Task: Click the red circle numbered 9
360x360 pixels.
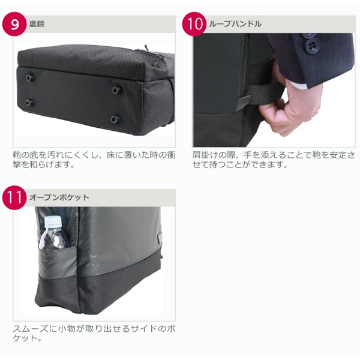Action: [14, 24]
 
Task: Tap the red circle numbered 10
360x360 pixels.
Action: [194, 24]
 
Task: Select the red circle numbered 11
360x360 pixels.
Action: [14, 197]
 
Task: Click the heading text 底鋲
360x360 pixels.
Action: [37, 24]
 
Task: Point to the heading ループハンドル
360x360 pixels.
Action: [235, 24]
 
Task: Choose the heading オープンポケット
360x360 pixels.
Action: [59, 197]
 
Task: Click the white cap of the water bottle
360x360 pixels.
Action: [53, 221]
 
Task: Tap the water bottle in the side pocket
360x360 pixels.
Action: [54, 233]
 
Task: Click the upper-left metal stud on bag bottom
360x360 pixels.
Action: [30, 78]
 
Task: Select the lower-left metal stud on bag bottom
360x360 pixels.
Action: [29, 103]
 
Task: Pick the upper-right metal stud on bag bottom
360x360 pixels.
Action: [116, 90]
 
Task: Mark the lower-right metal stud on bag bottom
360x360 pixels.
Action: [115, 119]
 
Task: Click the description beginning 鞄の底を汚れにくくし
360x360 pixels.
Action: [94, 160]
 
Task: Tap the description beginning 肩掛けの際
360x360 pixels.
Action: [274, 160]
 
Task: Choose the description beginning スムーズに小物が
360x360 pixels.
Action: [94, 334]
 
